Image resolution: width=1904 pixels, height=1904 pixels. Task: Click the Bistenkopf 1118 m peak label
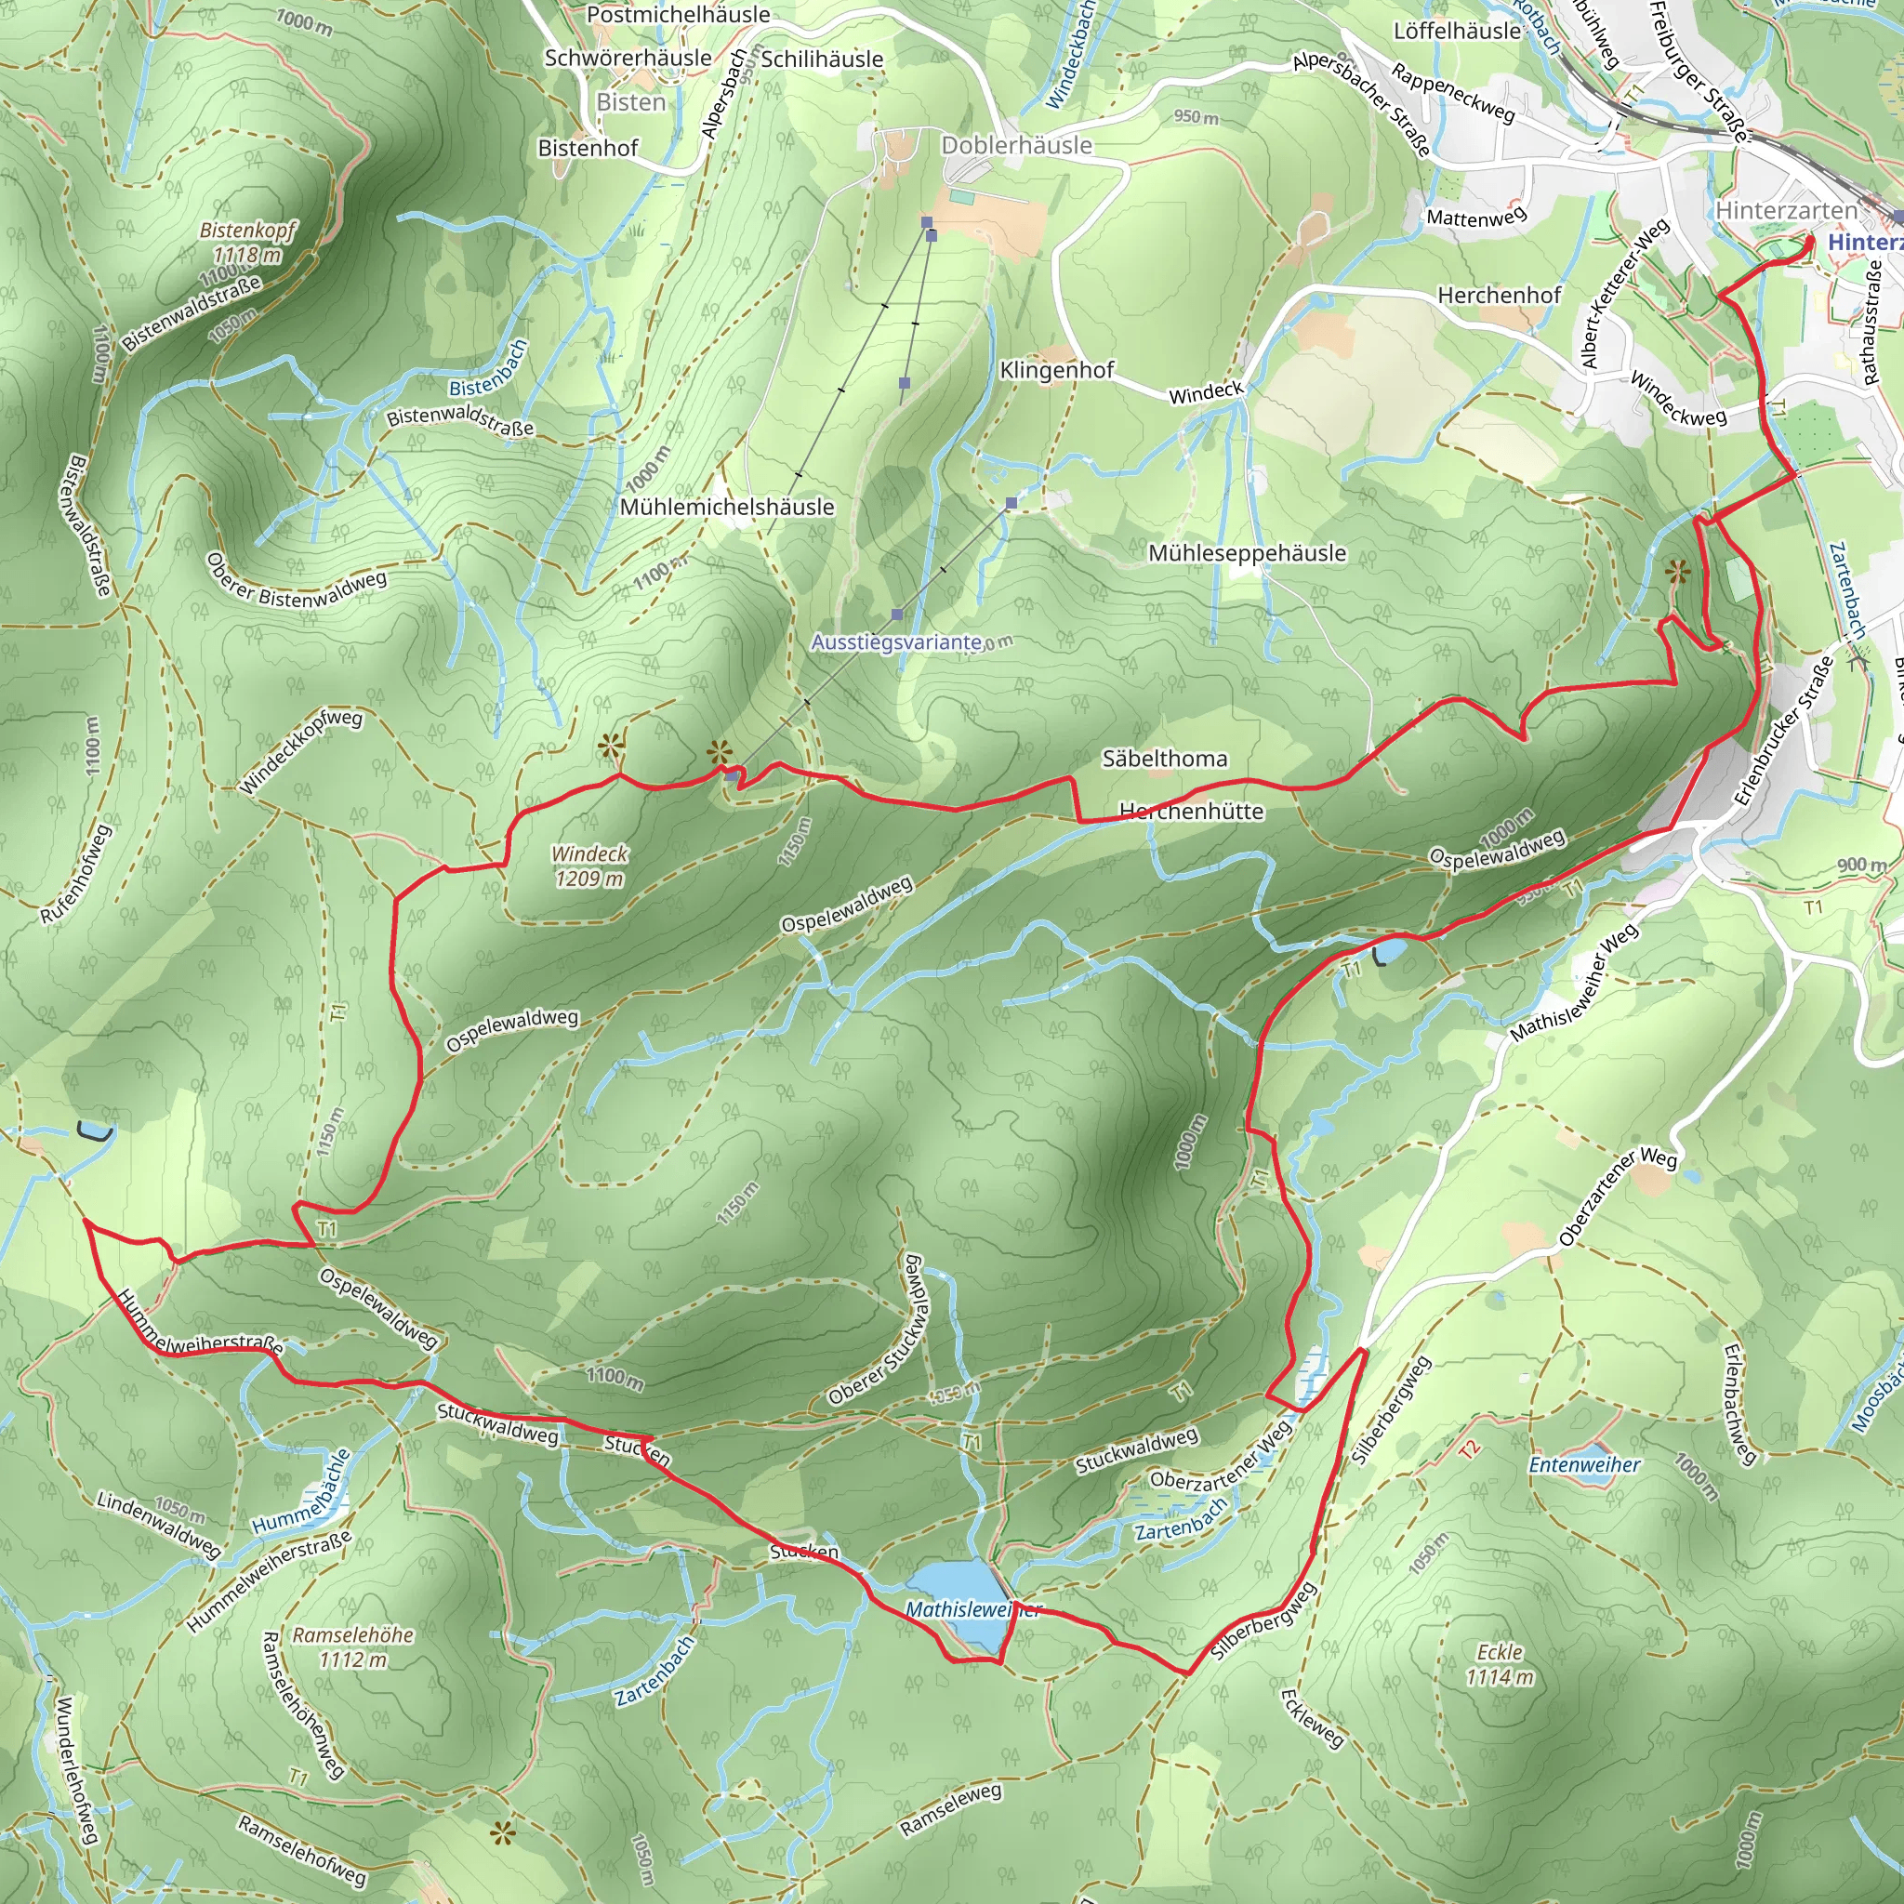247,243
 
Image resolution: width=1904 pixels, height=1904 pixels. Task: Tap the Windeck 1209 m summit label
589,866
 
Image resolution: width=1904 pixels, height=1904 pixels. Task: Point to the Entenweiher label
1583,1465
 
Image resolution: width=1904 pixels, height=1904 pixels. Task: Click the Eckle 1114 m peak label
1499,1663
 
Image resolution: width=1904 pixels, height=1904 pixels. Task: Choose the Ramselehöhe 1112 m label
352,1646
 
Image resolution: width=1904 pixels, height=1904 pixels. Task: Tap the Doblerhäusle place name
1016,146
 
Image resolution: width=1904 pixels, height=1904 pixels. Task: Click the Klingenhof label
1056,370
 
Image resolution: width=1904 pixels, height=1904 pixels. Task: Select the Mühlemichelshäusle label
727,507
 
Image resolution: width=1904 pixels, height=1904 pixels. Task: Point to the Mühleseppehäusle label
1247,553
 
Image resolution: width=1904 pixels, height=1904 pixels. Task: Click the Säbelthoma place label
1165,758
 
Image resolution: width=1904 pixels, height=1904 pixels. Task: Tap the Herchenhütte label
1192,811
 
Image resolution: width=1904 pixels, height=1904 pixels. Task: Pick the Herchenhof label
1499,295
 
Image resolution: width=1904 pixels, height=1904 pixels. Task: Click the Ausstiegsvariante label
896,642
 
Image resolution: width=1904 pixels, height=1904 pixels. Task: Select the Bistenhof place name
588,148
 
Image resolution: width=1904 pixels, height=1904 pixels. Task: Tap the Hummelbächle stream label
300,1491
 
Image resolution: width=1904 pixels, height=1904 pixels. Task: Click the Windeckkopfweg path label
301,751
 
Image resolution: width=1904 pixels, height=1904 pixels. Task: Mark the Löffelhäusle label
1457,32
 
